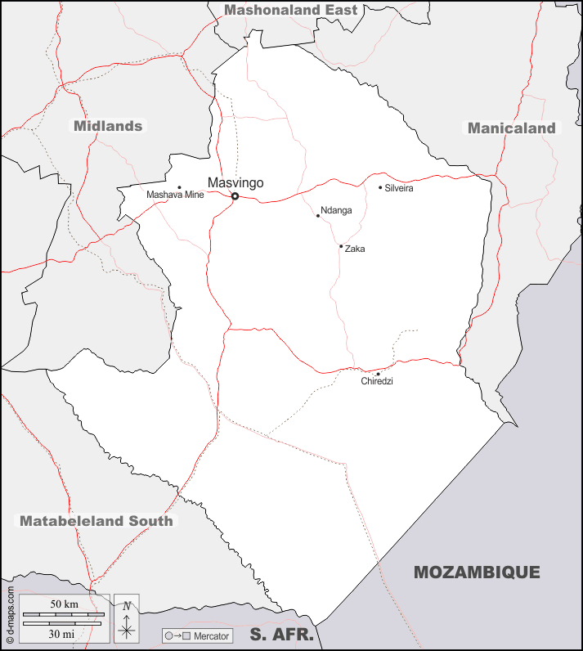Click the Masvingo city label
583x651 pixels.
pyautogui.click(x=235, y=182)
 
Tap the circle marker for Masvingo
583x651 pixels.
pyautogui.click(x=235, y=196)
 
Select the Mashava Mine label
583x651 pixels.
pyautogui.click(x=175, y=195)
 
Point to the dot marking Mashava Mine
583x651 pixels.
pyautogui.click(x=179, y=187)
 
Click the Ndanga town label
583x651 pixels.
pyautogui.click(x=336, y=210)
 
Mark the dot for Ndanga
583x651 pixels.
pyautogui.click(x=318, y=216)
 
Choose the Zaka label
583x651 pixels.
pyautogui.click(x=355, y=249)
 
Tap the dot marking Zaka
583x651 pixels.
pyautogui.click(x=341, y=246)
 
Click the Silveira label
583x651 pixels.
pyautogui.click(x=399, y=189)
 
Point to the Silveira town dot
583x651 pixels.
pyautogui.click(x=380, y=187)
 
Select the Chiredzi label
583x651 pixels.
pyautogui.click(x=377, y=381)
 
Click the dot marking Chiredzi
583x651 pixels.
pyautogui.click(x=378, y=374)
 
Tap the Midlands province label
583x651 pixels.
pyautogui.click(x=108, y=126)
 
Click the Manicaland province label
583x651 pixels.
pyautogui.click(x=512, y=128)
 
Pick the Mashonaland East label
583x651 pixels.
pyautogui.click(x=291, y=10)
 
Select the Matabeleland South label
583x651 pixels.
pyautogui.click(x=96, y=521)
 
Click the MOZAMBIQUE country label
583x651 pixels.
pyautogui.click(x=477, y=572)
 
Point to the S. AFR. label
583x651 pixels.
pyautogui.click(x=282, y=634)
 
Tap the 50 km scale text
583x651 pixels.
pyautogui.click(x=64, y=604)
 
